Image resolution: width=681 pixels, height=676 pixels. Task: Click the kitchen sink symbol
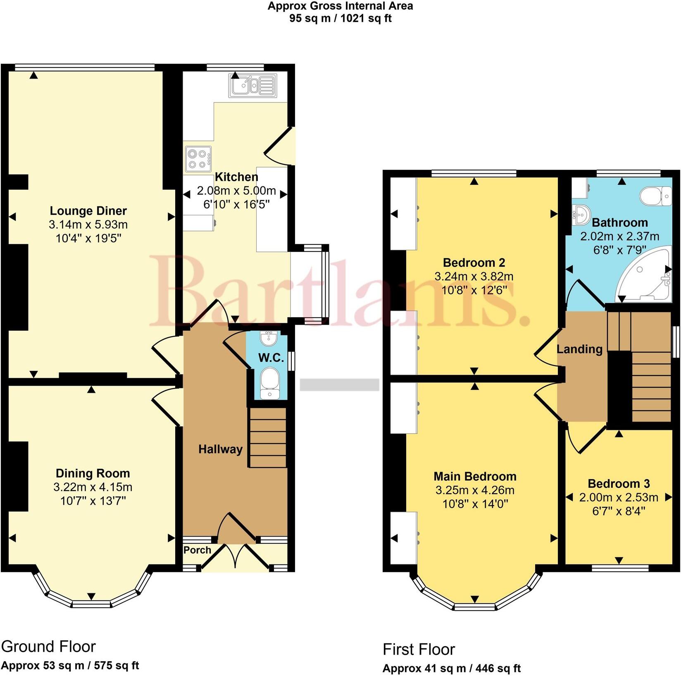pyautogui.click(x=252, y=86)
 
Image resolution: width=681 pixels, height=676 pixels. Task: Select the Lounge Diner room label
pyautogui.click(x=88, y=211)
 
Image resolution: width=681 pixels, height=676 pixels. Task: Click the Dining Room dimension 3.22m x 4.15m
pyautogui.click(x=93, y=487)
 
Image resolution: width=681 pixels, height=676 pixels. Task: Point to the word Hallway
pyautogui.click(x=220, y=449)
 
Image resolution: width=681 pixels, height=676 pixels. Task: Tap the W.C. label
pyautogui.click(x=271, y=358)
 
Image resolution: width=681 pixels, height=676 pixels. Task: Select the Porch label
pyautogui.click(x=197, y=550)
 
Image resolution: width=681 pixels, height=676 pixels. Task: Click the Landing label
pyautogui.click(x=579, y=349)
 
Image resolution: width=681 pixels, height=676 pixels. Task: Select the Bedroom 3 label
pyautogui.click(x=619, y=483)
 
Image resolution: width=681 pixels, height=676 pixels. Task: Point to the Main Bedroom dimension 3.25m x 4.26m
pyautogui.click(x=475, y=490)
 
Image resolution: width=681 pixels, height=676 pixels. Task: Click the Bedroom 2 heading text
pyautogui.click(x=474, y=263)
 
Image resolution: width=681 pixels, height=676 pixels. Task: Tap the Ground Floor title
pyautogui.click(x=48, y=646)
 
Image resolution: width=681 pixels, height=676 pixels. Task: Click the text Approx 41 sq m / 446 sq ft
pyautogui.click(x=451, y=668)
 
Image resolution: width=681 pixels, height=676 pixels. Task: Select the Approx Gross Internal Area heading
pyautogui.click(x=340, y=6)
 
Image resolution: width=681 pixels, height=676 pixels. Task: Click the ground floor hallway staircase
pyautogui.click(x=267, y=437)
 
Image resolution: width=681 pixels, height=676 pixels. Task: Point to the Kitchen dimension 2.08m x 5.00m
pyautogui.click(x=236, y=191)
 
